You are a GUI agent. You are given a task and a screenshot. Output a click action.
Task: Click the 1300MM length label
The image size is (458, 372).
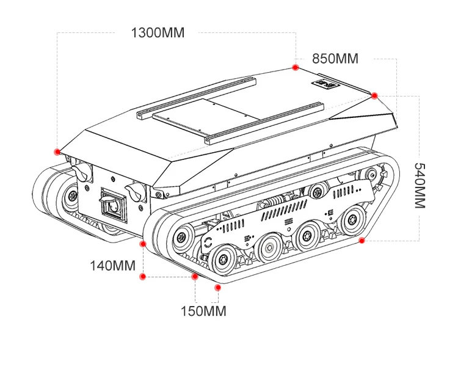(158, 32)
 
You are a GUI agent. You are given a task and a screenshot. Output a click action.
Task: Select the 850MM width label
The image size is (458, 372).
(335, 59)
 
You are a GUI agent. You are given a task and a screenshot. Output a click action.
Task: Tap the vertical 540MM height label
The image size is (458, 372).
(419, 186)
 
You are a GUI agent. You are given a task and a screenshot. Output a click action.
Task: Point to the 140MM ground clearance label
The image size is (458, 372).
(113, 266)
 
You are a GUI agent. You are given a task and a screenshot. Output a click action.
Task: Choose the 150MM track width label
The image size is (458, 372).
(203, 311)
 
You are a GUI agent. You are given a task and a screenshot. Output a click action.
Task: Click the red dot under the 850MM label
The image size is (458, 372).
(295, 67)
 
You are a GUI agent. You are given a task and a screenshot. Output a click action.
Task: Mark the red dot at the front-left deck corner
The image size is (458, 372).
(57, 151)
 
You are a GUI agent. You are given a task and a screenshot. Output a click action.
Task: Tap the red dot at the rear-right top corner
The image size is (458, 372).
(374, 95)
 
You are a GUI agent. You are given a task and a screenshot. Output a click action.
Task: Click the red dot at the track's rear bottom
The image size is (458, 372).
(362, 241)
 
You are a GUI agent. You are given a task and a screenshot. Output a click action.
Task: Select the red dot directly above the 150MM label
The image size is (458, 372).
(217, 285)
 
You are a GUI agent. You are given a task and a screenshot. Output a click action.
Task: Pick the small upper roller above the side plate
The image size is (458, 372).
(316, 190)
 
